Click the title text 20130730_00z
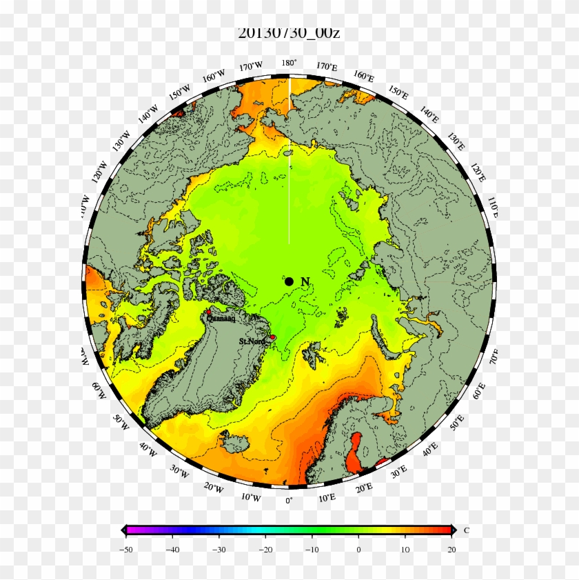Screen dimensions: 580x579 [289, 32]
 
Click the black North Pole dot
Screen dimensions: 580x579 [289, 281]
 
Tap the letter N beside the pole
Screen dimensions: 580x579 [305, 281]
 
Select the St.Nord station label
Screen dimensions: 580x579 [252, 341]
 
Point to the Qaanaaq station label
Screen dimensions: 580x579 [220, 319]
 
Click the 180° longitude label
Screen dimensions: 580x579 [289, 63]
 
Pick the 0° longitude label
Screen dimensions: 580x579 [289, 500]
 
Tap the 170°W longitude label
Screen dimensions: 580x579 [251, 66]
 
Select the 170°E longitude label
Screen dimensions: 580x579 [327, 67]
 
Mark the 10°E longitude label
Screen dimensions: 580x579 [327, 497]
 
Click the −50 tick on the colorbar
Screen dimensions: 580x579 [126, 550]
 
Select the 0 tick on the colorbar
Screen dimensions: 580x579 [358, 550]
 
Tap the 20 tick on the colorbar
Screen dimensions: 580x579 [451, 550]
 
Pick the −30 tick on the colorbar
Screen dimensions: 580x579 [219, 550]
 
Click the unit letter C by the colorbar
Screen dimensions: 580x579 [466, 530]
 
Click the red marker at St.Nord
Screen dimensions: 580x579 [272, 337]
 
